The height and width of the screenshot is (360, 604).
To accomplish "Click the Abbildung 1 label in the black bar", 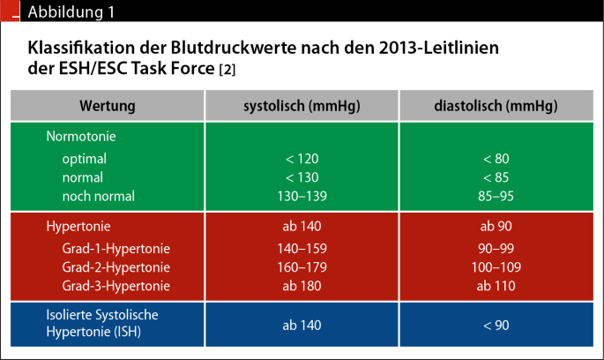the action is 71,12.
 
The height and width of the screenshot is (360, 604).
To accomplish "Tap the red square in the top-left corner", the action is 10,11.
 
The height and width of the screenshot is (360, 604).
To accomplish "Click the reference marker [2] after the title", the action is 227,70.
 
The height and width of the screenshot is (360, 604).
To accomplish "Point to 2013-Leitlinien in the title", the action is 439,49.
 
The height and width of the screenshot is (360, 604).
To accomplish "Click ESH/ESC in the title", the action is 93,69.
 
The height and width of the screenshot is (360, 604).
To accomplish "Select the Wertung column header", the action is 108,106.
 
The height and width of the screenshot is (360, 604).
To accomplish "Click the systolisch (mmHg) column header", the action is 302,106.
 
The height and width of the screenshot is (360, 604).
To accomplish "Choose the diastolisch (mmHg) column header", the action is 496,106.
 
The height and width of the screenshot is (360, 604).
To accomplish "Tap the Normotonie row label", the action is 81,137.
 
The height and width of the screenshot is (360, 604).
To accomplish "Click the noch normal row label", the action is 99,196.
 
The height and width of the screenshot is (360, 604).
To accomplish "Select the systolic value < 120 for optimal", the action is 302,159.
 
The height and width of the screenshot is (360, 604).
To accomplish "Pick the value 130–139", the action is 302,196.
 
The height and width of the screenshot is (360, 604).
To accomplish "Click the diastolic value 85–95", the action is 496,196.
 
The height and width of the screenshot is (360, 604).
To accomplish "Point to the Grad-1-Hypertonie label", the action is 116,249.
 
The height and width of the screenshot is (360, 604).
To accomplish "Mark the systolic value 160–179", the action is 302,267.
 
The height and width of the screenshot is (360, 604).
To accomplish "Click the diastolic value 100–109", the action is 496,267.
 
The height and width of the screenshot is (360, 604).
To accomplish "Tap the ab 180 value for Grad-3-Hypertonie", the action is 302,286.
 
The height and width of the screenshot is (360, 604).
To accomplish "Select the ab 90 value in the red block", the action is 496,226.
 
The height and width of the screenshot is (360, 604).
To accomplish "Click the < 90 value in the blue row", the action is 496,326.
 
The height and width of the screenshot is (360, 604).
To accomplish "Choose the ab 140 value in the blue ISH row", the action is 302,326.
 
